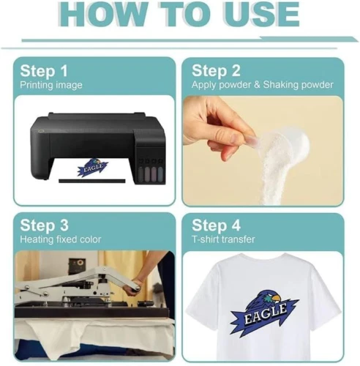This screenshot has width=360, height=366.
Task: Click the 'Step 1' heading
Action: [44, 71]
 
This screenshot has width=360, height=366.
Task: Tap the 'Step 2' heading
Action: [216, 71]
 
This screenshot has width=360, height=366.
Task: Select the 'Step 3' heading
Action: [44, 225]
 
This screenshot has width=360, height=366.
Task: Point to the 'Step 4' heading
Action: [216, 225]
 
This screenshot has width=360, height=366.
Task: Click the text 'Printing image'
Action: [51, 86]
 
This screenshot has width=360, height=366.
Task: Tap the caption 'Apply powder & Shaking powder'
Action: [263, 85]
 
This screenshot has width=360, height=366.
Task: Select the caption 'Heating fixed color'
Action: [61, 239]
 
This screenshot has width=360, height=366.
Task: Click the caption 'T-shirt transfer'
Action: [223, 239]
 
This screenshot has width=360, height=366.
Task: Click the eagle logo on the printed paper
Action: [93, 166]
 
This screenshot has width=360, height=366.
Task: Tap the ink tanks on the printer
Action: [151, 172]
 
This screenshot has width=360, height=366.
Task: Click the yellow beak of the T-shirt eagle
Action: [277, 298]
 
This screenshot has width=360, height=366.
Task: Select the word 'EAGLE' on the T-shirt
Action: [266, 313]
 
